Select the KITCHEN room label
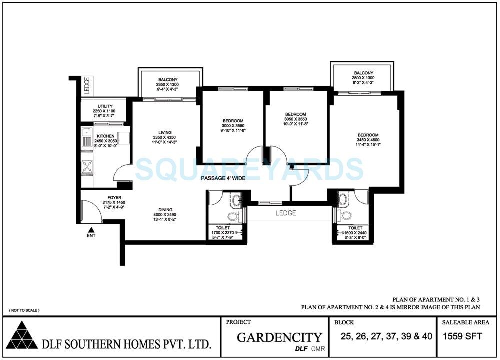106,136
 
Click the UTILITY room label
104,106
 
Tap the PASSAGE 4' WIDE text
223,178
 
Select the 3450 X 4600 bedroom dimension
368,140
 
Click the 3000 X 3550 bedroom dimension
233,126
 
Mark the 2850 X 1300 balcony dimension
168,85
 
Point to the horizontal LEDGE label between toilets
286,213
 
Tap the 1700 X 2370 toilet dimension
223,232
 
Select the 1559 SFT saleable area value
463,336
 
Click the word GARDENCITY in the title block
279,337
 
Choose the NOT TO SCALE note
24,310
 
